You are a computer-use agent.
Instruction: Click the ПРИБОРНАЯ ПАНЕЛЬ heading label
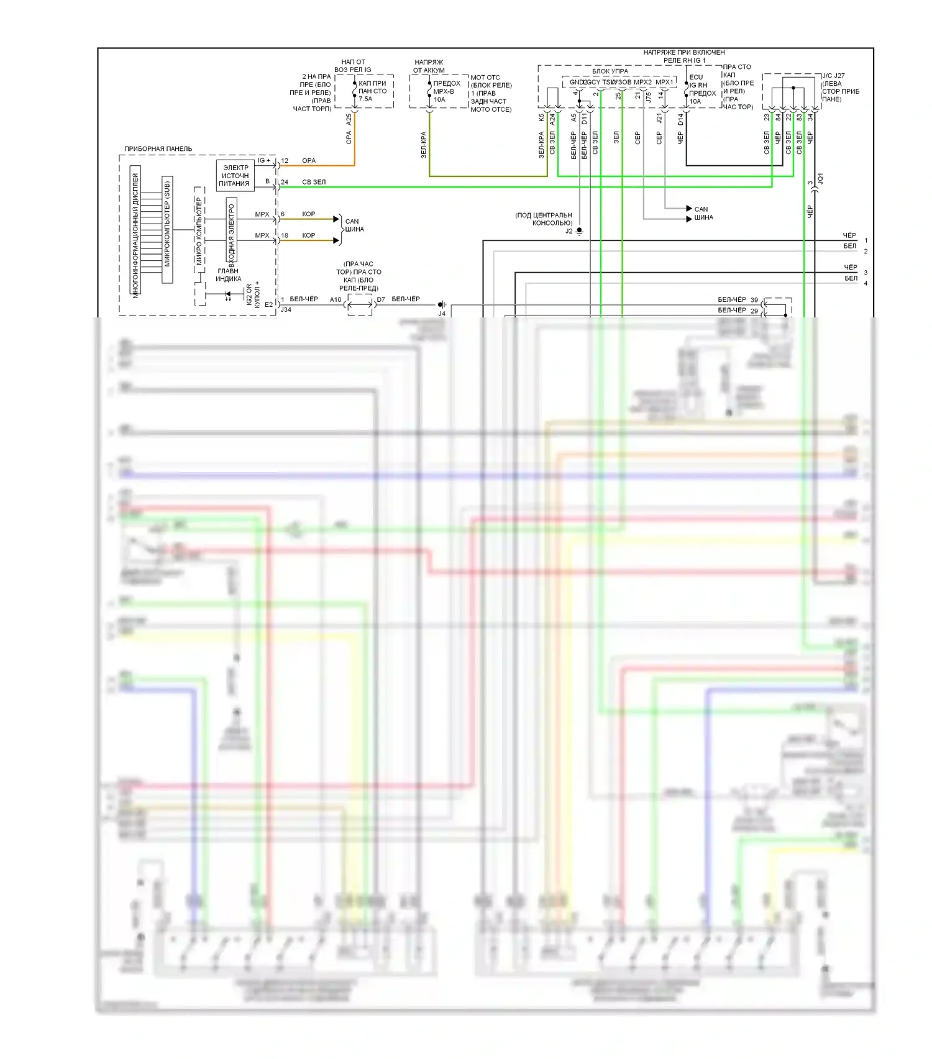[158, 149]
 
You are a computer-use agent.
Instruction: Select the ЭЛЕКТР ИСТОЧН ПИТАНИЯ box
[235, 176]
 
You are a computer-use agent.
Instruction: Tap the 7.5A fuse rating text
[365, 99]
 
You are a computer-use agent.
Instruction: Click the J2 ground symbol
[579, 231]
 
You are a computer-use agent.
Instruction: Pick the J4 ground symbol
[441, 304]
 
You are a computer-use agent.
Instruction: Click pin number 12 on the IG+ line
[285, 161]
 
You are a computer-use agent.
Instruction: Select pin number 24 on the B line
[285, 183]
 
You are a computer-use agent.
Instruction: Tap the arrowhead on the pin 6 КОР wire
[336, 219]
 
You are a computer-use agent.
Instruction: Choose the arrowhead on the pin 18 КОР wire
[336, 240]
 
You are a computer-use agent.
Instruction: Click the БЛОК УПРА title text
[610, 71]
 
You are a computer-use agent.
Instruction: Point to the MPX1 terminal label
[664, 82]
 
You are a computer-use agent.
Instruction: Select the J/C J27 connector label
[833, 76]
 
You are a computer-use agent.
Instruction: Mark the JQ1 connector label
[820, 179]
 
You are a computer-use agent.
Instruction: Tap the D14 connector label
[680, 119]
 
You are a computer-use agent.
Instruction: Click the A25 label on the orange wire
[349, 119]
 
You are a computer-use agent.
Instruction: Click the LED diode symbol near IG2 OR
[228, 294]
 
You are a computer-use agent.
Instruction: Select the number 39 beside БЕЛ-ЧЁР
[754, 300]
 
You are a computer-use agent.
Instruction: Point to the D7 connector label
[381, 299]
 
